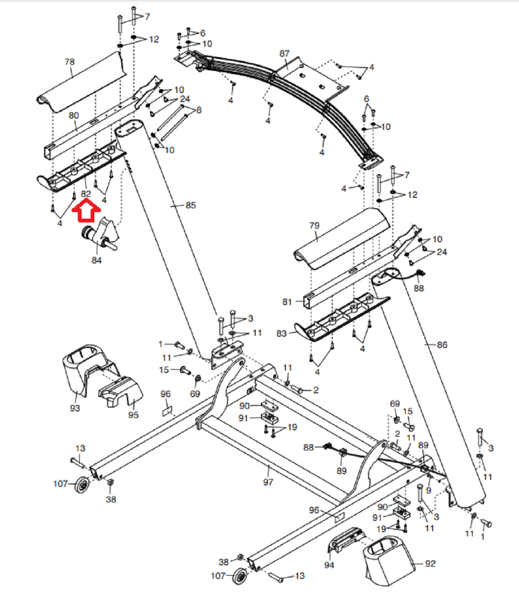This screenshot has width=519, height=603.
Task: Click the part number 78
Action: point(69,62)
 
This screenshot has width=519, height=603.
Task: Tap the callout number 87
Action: point(284,53)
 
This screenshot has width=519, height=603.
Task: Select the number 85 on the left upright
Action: point(191,205)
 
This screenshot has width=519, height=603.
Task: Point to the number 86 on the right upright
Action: point(442,345)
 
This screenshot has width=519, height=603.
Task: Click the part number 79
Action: point(314,226)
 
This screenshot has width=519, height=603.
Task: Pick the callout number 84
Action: point(96,260)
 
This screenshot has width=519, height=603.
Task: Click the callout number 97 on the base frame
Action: point(268,482)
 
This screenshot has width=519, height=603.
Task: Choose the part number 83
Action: point(281,333)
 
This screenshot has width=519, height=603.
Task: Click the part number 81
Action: point(287,302)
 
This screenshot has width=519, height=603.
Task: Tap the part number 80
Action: point(74,115)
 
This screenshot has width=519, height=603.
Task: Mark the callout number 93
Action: point(75,408)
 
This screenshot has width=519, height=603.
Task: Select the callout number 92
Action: point(430,563)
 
